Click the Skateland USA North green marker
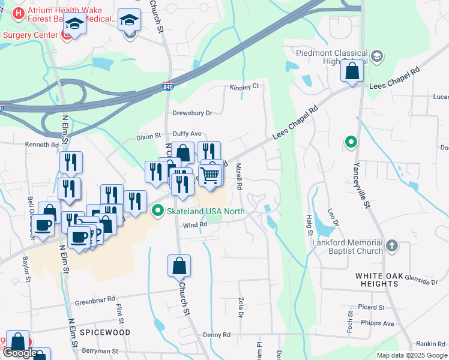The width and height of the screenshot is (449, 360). pyautogui.click(x=158, y=211)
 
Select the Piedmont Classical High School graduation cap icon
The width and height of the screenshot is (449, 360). pyautogui.click(x=376, y=56)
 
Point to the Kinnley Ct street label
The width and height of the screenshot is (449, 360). pyautogui.click(x=244, y=86)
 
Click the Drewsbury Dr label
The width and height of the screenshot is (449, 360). pyautogui.click(x=193, y=113)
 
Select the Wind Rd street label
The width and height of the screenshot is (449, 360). pyautogui.click(x=195, y=225)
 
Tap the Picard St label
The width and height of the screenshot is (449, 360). pyautogui.click(x=373, y=307)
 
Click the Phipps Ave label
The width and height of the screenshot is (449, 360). pyautogui.click(x=379, y=323)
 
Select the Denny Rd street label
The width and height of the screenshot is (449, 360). pyautogui.click(x=217, y=335)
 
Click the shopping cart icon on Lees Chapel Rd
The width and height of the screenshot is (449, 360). pyautogui.click(x=209, y=175)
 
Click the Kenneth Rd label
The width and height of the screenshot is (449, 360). pyautogui.click(x=42, y=145)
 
